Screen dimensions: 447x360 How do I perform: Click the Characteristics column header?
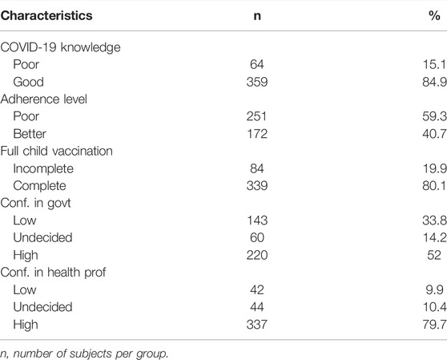tap(46, 15)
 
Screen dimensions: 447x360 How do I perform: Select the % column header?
tap(434, 15)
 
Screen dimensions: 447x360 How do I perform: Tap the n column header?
tap(257, 16)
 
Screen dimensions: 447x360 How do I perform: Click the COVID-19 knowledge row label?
tap(60, 47)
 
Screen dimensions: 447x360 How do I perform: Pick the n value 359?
tap(257, 82)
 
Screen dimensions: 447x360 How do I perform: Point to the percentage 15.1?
tap(434, 65)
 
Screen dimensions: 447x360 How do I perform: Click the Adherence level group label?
tap(44, 99)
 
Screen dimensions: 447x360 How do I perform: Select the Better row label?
tap(30, 134)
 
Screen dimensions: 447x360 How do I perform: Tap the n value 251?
tap(256, 117)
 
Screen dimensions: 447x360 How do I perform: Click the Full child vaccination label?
tap(56, 152)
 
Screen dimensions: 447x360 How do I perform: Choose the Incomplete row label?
tap(43, 169)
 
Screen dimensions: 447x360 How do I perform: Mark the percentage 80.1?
tap(434, 186)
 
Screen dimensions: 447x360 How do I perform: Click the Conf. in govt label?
tap(35, 204)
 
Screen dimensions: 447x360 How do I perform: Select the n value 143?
tap(257, 220)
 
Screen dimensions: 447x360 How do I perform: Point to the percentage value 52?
tap(434, 255)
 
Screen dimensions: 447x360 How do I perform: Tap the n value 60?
tap(257, 238)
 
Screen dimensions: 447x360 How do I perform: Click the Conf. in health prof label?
tap(54, 273)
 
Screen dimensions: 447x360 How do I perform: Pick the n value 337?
tap(257, 325)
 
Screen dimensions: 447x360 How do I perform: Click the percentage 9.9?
tap(434, 290)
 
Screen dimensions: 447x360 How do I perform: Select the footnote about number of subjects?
tap(84, 354)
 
